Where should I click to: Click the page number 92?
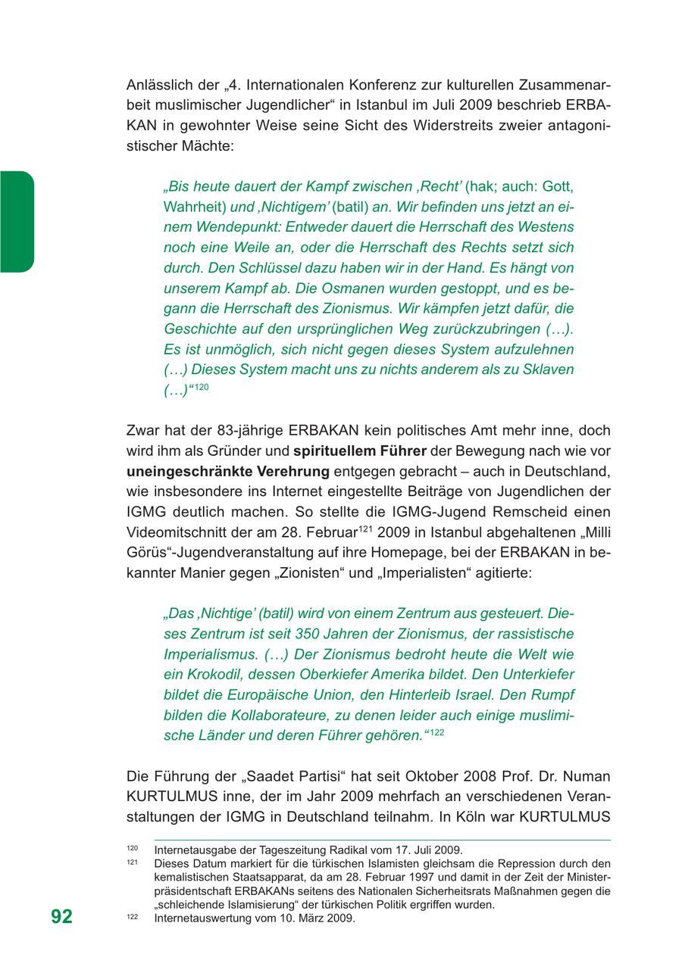(x=62, y=916)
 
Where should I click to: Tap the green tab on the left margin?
(x=17, y=221)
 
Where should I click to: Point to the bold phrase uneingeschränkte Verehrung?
(x=228, y=472)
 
